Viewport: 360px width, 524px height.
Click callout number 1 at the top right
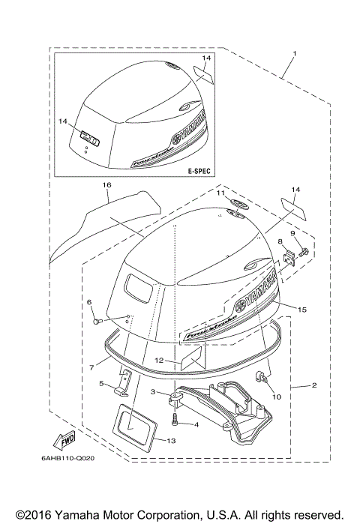(x=295, y=53)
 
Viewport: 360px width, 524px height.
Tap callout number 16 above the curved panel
(x=106, y=184)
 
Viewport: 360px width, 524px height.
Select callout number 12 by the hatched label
(x=160, y=361)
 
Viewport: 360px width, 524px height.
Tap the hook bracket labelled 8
(x=286, y=257)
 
